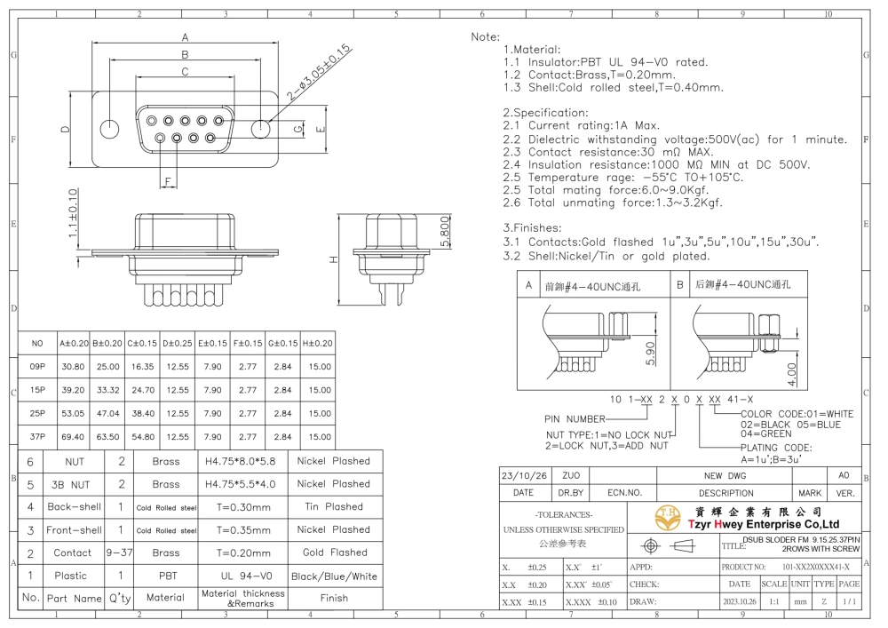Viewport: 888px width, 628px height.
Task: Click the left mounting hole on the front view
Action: click(x=109, y=129)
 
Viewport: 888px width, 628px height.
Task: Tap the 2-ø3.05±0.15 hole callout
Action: click(x=318, y=73)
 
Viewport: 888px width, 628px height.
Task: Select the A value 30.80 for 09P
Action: click(x=73, y=366)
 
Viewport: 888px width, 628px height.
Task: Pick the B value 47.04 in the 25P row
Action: click(x=107, y=413)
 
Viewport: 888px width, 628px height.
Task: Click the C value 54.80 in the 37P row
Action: click(x=143, y=437)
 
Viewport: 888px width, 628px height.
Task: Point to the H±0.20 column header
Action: click(x=318, y=343)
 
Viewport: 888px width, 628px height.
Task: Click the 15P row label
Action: click(x=37, y=390)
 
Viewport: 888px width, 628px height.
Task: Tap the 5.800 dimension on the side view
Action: click(x=445, y=232)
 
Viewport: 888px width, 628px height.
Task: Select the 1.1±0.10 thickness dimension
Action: click(x=73, y=213)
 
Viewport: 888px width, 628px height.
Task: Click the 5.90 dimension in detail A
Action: click(x=650, y=353)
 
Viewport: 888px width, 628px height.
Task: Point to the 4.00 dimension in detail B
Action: click(x=792, y=374)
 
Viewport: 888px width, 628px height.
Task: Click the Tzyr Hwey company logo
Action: click(x=668, y=517)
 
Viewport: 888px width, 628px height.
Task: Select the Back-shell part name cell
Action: click(x=75, y=507)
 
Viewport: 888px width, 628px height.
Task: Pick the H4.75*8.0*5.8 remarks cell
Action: click(x=240, y=461)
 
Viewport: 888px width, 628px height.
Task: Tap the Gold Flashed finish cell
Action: click(x=335, y=552)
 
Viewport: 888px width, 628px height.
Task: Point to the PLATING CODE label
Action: click(x=776, y=448)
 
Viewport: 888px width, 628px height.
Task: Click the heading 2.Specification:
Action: click(x=545, y=112)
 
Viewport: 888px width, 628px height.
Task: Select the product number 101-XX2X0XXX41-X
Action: click(x=815, y=567)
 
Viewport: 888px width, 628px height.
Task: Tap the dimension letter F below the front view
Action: click(x=168, y=182)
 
